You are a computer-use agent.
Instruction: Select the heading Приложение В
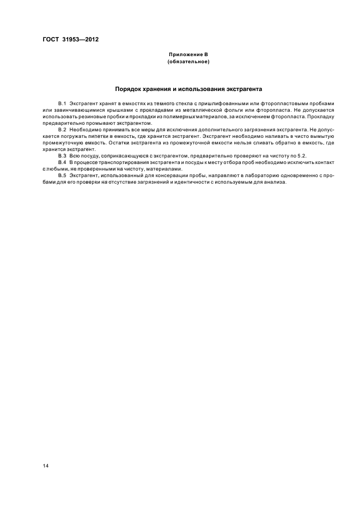[188, 56]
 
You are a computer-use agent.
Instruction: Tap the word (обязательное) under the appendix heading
[188, 62]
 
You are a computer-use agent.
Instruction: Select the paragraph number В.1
[62, 104]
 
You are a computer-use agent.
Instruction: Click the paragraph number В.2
[62, 129]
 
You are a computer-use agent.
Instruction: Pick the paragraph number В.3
[62, 156]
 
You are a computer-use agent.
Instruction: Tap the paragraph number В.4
[62, 162]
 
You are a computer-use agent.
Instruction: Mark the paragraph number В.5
[62, 175]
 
